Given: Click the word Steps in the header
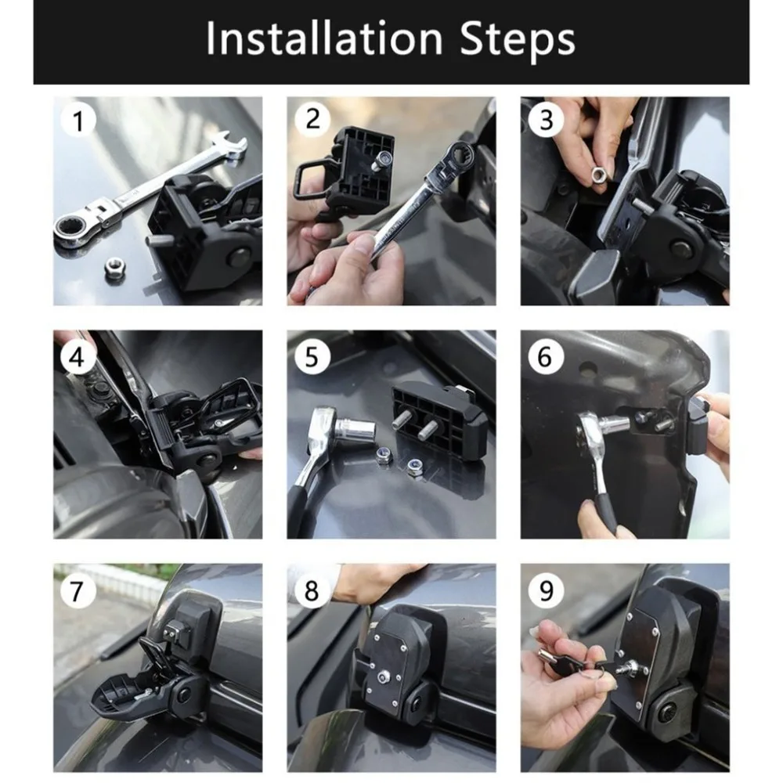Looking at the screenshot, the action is [x=518, y=40].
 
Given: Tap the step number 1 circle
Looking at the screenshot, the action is [x=78, y=121].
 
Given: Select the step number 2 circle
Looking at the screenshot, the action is [x=312, y=119].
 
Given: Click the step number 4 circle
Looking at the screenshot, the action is [x=78, y=357].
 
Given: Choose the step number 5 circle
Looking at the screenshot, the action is [x=312, y=357].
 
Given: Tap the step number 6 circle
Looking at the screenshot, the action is [x=546, y=357].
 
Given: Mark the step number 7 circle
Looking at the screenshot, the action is [x=78, y=590].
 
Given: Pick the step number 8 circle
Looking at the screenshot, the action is [x=312, y=590].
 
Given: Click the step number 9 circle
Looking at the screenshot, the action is [x=546, y=590].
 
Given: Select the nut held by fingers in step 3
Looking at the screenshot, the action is [x=597, y=175].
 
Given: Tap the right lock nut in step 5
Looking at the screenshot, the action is [x=414, y=466].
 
